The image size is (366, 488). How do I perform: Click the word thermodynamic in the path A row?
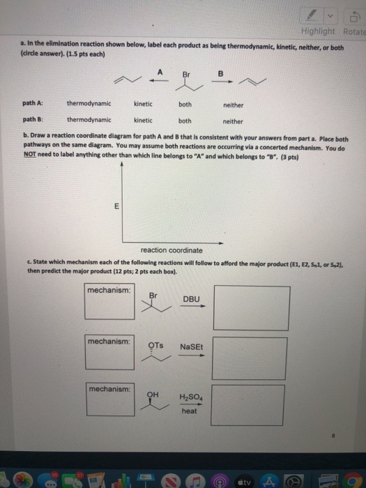pos(89,104)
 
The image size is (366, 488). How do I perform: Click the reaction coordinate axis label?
pos(171,250)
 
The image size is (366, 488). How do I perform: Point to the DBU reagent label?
pos(191,300)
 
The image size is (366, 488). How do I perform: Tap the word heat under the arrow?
pos(189,411)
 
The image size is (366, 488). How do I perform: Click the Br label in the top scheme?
pos(186,73)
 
